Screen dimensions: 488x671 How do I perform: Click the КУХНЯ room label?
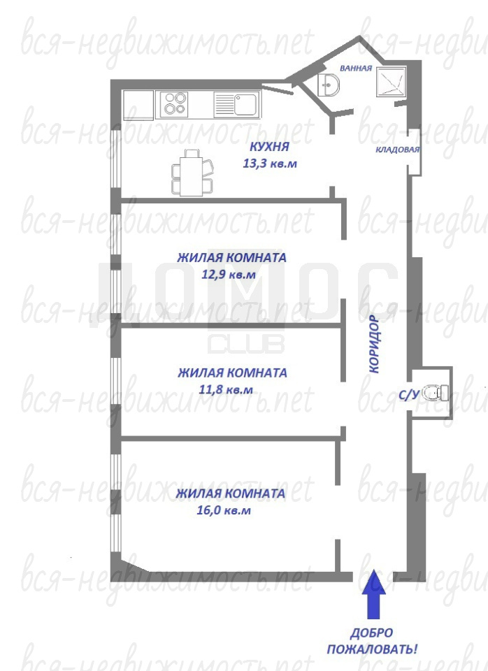click(x=269, y=146)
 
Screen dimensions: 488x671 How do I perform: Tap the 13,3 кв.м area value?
click(x=270, y=164)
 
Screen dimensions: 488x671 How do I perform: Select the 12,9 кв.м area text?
click(x=229, y=274)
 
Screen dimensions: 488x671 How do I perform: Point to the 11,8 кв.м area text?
click(x=226, y=390)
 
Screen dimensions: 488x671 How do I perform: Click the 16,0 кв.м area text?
click(x=224, y=510)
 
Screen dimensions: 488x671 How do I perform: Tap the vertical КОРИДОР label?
click(x=374, y=344)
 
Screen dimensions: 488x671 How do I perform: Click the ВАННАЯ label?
click(x=356, y=68)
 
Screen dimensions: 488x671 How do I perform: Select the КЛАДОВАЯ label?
click(x=398, y=150)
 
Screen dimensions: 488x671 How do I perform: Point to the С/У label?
click(x=408, y=395)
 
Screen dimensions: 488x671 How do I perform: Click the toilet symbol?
click(x=435, y=392)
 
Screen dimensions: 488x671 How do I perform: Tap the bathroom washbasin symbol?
click(x=329, y=85)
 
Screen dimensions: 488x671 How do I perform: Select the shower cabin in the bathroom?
click(x=392, y=81)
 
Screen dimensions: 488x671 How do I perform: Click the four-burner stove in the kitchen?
click(x=173, y=103)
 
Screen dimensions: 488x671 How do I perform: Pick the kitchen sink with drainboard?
click(x=237, y=104)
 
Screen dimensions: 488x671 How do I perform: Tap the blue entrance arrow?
click(x=374, y=594)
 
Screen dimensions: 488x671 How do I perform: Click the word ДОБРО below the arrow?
click(x=371, y=633)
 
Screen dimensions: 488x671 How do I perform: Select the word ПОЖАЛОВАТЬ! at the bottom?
click(x=372, y=649)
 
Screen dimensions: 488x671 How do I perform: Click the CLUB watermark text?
click(x=246, y=344)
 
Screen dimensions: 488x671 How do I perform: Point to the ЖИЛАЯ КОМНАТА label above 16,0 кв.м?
click(x=230, y=493)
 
